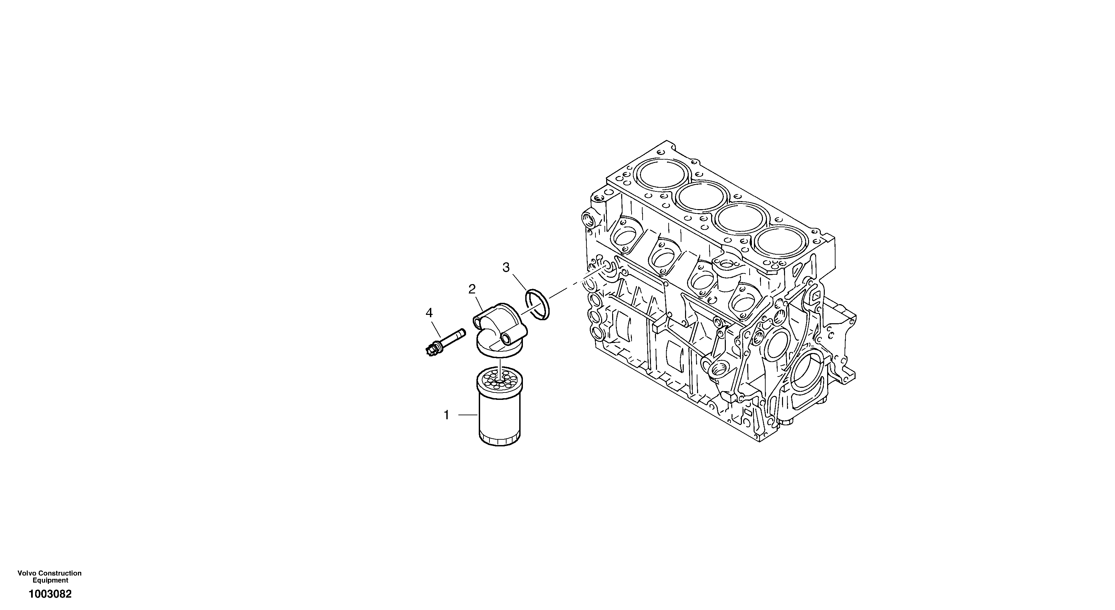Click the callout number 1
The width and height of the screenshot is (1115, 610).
447,415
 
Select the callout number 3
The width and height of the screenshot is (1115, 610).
506,267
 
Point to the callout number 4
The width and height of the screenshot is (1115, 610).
429,313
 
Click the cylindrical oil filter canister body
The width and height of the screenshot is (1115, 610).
500,416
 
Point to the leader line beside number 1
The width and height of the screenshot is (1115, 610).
467,415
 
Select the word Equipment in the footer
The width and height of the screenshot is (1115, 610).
50,580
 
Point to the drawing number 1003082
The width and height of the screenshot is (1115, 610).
50,594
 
